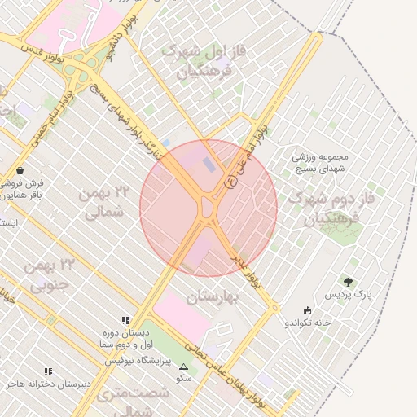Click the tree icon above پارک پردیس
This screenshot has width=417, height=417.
pos(349,282)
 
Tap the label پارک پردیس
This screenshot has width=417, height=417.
pos(348,293)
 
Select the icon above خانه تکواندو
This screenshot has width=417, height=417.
pos(306,310)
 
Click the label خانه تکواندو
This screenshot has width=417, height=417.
pos(307,323)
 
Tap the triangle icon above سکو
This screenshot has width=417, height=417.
pos(183,367)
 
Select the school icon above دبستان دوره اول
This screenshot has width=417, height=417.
pos(125,320)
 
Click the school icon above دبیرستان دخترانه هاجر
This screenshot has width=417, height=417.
pos(48,371)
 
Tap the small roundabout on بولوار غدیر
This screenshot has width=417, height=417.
pos(275,307)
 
